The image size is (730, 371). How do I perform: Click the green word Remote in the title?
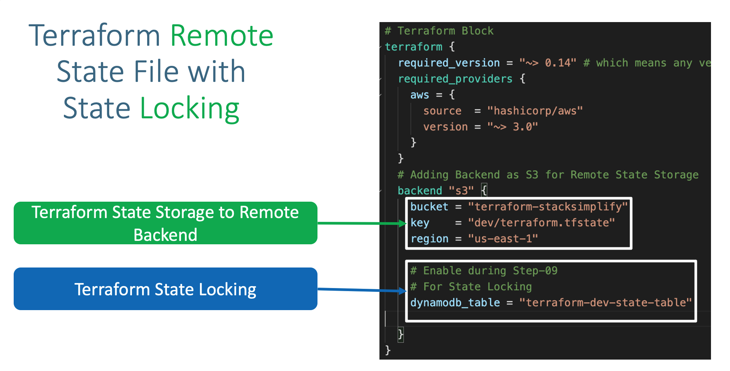pyautogui.click(x=222, y=36)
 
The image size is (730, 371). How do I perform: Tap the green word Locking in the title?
pyautogui.click(x=189, y=109)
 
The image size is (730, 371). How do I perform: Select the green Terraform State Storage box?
pyautogui.click(x=165, y=223)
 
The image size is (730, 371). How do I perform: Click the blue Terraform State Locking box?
pyautogui.click(x=165, y=289)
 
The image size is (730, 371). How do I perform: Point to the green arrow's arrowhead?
pyautogui.click(x=403, y=223)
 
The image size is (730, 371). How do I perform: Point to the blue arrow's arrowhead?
pyautogui.click(x=403, y=291)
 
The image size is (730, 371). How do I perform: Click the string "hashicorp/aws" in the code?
pyautogui.click(x=535, y=111)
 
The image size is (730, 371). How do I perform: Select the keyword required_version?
pyautogui.click(x=449, y=63)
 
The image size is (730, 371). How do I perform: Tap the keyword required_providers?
pyautogui.click(x=455, y=79)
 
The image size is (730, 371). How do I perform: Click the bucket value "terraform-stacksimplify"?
pyautogui.click(x=547, y=207)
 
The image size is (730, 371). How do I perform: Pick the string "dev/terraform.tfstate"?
pyautogui.click(x=541, y=223)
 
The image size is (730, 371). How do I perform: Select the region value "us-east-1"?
pyautogui.click(x=503, y=239)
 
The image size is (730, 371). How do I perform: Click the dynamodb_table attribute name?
pyautogui.click(x=455, y=303)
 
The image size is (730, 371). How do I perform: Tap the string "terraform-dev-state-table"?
pyautogui.click(x=605, y=303)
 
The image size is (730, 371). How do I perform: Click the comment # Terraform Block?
pyautogui.click(x=439, y=31)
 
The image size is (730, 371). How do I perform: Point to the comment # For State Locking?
pyautogui.click(x=471, y=287)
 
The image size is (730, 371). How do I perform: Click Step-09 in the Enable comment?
pyautogui.click(x=535, y=271)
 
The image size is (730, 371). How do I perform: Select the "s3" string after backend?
pyautogui.click(x=461, y=191)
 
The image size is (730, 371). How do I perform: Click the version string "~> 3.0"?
pyautogui.click(x=513, y=127)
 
